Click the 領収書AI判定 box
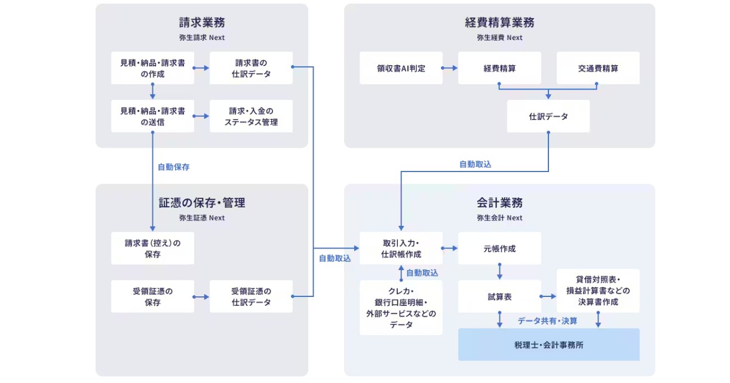tap(401, 68)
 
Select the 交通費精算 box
tap(598, 68)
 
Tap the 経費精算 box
tap(499, 68)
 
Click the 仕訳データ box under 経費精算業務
tap(548, 117)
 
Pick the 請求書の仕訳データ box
tap(251, 68)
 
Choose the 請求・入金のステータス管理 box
tap(251, 117)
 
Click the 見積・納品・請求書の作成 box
tap(152, 68)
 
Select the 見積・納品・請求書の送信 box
tap(152, 117)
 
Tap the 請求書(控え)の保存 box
tap(152, 249)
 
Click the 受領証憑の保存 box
tap(152, 296)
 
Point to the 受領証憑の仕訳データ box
tap(251, 296)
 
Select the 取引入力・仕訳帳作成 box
tap(401, 248)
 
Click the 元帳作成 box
tap(499, 248)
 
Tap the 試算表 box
tap(499, 296)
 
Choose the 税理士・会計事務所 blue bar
tap(548, 345)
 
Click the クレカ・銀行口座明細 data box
tap(401, 308)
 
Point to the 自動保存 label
tap(173, 167)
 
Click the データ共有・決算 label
tap(547, 321)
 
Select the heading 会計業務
tap(499, 203)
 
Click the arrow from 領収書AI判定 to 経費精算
tap(450, 68)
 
